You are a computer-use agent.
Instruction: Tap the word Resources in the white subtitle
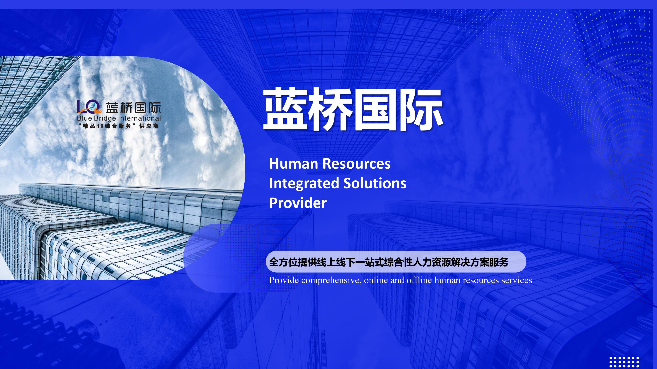[357, 164]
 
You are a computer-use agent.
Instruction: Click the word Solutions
[375, 183]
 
